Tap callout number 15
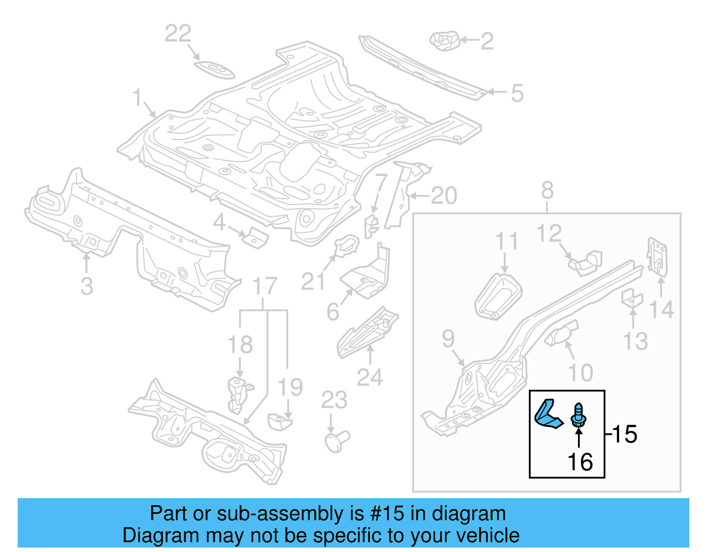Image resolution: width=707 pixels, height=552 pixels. (624, 434)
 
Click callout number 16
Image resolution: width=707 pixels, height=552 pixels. (580, 462)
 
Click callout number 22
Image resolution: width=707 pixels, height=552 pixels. (178, 34)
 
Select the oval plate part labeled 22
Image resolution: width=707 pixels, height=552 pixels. (214, 70)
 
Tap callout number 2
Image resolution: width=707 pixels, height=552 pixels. (487, 41)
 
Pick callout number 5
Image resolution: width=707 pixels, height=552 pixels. (517, 93)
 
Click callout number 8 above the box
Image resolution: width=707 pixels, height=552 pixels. (547, 191)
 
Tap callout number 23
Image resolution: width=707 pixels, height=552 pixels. (334, 400)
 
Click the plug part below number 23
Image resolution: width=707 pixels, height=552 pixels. (337, 441)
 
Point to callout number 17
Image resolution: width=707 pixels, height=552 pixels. (265, 286)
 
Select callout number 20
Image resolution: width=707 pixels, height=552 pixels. (444, 196)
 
